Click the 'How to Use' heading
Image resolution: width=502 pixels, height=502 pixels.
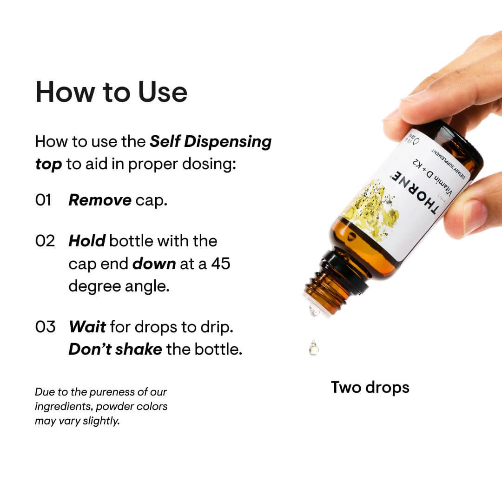click(111, 92)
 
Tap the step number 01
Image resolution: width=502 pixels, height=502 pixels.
click(43, 200)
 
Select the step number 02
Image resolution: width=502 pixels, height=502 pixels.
click(45, 241)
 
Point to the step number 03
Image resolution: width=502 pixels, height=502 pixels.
click(45, 327)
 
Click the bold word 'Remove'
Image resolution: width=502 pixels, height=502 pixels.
click(100, 200)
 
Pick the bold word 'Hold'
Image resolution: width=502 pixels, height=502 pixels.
click(87, 241)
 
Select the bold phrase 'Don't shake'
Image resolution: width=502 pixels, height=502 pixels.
click(115, 350)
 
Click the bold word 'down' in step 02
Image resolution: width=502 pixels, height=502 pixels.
click(154, 264)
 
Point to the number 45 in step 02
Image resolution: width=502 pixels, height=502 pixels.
click(221, 264)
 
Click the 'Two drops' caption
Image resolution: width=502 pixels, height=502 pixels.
click(370, 387)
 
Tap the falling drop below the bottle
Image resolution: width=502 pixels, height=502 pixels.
click(314, 347)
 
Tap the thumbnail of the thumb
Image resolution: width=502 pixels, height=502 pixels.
click(474, 216)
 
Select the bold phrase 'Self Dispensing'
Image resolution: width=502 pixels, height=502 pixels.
click(211, 142)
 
